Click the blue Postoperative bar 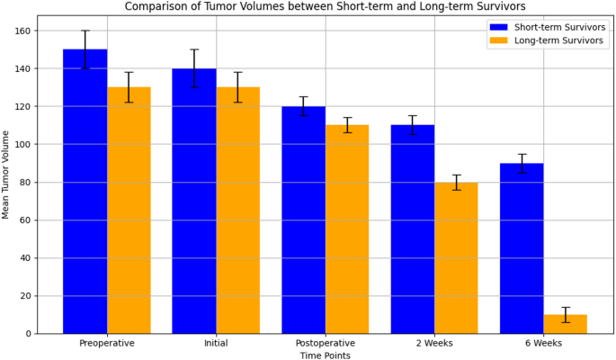303,220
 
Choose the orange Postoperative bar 347,229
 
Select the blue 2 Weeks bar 412,229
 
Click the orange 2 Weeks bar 456,257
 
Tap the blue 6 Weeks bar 522,247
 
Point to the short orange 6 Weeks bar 566,324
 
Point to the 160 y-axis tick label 22,31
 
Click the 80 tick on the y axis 25,182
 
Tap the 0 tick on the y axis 28,333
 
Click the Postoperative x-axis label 325,343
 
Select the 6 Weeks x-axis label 543,343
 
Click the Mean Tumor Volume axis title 6,174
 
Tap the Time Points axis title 325,355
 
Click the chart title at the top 325,6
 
